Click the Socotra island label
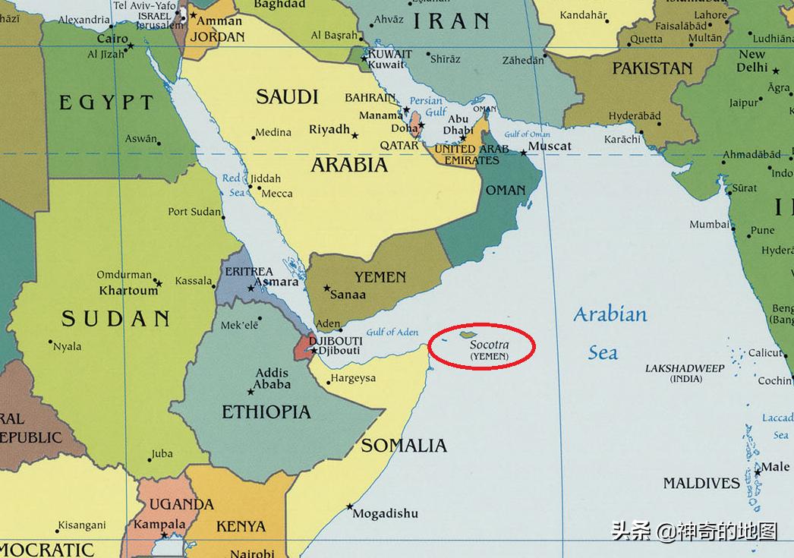(489, 345)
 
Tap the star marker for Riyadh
(355, 136)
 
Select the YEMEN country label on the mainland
(380, 277)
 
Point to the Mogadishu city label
(386, 514)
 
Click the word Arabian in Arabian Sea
(610, 314)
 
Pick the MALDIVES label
(701, 483)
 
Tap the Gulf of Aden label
(392, 332)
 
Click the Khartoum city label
(128, 290)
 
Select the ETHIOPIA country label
(266, 412)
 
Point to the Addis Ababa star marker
(250, 392)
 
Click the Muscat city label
(550, 146)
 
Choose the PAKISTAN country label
(652, 68)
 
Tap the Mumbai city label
(709, 224)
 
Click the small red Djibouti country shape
(304, 346)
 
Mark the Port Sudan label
(194, 212)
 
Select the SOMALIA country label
(403, 446)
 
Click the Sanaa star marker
(326, 288)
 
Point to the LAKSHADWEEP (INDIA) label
(685, 374)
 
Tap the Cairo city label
(112, 38)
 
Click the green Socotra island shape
(468, 334)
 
